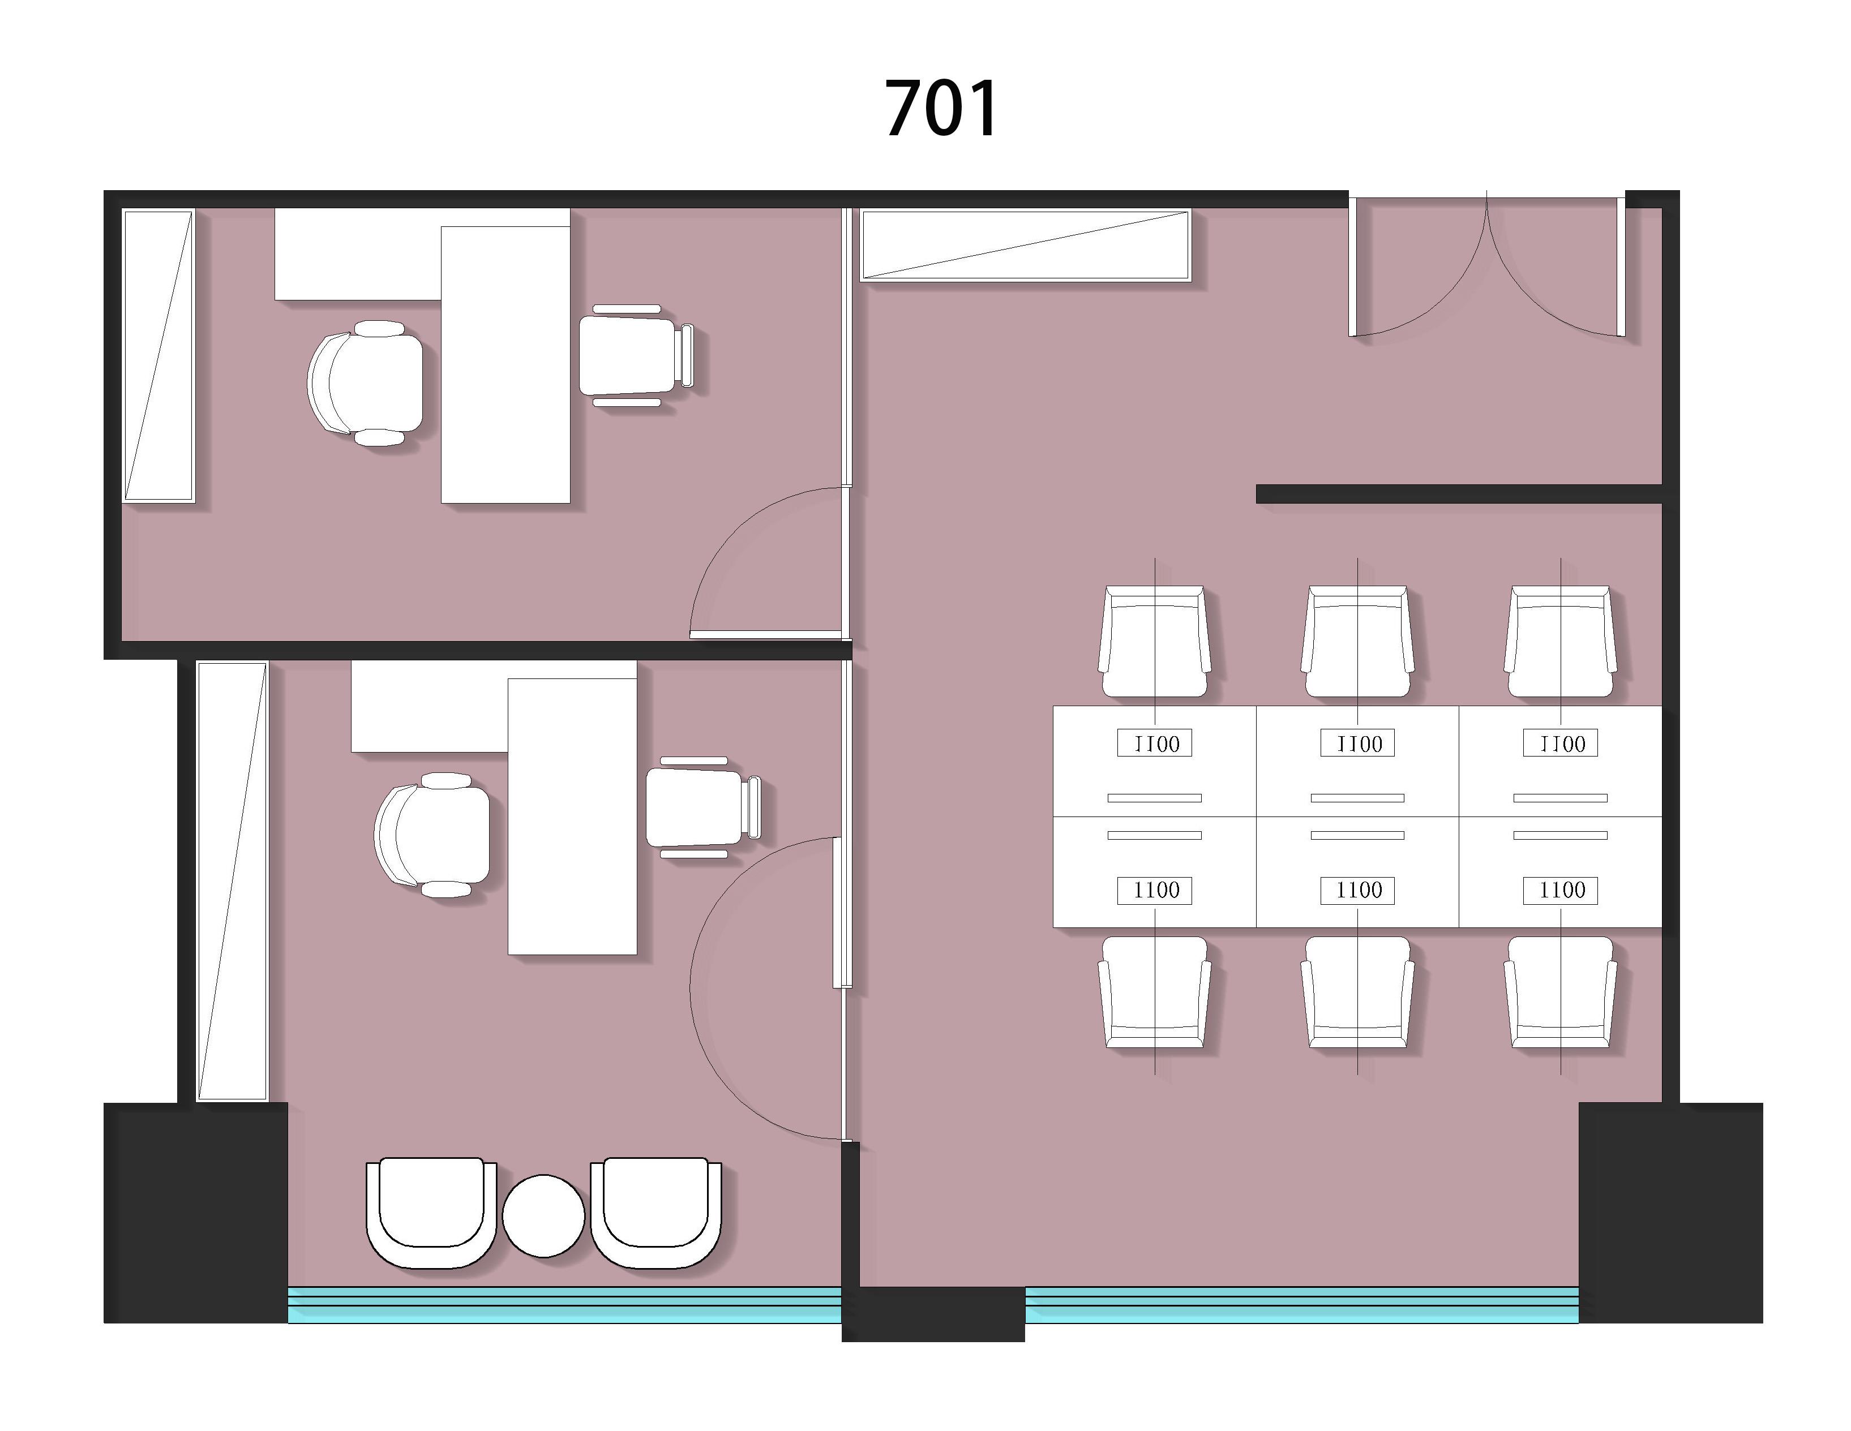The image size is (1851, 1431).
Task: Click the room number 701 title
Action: click(941, 109)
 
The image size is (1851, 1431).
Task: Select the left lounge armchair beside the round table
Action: click(431, 1213)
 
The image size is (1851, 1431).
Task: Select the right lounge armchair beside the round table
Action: click(656, 1213)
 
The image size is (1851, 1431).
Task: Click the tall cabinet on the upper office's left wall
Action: click(158, 356)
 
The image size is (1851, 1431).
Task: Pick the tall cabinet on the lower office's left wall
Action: click(232, 881)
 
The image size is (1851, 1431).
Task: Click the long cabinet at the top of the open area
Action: click(1026, 245)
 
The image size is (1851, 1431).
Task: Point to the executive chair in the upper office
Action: click(365, 383)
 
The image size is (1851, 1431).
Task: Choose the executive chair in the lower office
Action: click(432, 835)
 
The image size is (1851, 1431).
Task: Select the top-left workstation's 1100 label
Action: click(1154, 743)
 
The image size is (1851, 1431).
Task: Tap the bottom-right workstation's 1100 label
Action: click(1560, 891)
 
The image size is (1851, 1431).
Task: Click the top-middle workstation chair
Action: click(1358, 641)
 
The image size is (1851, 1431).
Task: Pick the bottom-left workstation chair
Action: click(1154, 992)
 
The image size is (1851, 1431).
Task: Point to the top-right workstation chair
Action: click(1560, 641)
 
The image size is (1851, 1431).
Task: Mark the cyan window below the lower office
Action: click(564, 1305)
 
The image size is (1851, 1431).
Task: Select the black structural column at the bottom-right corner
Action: click(1670, 1213)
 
